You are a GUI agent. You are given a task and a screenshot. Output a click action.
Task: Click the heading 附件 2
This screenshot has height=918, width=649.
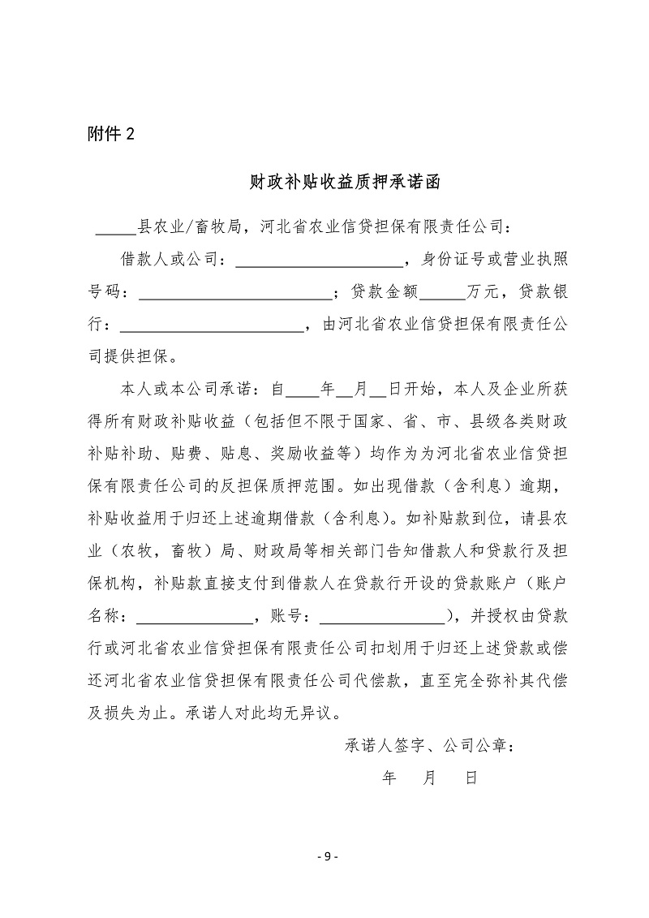pyautogui.click(x=111, y=135)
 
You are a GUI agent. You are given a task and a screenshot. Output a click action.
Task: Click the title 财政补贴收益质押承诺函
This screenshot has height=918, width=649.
pyautogui.click(x=344, y=183)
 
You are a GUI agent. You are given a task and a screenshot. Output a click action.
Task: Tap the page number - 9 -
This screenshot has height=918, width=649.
pyautogui.click(x=325, y=856)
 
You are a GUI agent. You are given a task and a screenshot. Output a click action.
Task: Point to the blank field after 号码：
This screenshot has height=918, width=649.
pyautogui.click(x=236, y=295)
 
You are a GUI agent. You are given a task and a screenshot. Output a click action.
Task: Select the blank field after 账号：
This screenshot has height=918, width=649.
pyautogui.click(x=382, y=618)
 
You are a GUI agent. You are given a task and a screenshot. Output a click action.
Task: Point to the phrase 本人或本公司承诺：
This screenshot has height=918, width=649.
pyautogui.click(x=189, y=390)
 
